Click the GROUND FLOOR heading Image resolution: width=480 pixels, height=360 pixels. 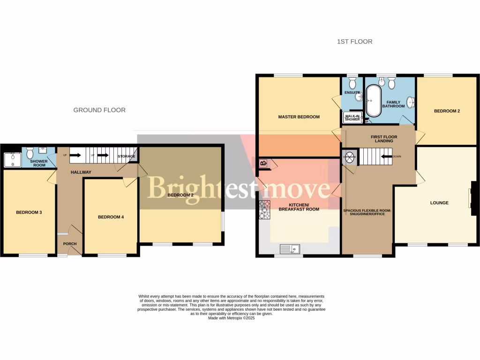click(x=99, y=110)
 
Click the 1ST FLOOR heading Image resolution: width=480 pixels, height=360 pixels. click(x=354, y=42)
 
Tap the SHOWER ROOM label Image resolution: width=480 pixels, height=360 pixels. click(x=39, y=163)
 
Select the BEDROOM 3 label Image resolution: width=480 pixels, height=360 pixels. click(x=29, y=212)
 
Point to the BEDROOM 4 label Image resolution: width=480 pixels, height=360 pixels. click(x=111, y=217)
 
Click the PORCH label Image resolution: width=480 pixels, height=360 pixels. click(x=70, y=244)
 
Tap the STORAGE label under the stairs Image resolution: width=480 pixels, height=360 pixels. click(x=127, y=156)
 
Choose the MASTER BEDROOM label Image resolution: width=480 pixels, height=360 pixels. click(x=299, y=117)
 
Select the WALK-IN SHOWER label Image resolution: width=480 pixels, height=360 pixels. click(x=352, y=117)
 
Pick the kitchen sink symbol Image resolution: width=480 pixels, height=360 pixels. click(x=290, y=248)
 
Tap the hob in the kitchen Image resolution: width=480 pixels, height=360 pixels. click(x=265, y=210)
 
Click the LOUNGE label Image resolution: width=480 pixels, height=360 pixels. click(x=439, y=203)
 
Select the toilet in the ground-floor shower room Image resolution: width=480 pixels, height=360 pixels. click(x=30, y=153)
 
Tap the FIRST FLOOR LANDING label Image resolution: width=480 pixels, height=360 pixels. click(x=384, y=139)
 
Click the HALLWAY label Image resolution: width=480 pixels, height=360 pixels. click(x=81, y=172)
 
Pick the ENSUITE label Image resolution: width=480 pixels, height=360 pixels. click(x=352, y=93)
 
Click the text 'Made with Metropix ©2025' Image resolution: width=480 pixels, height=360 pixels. click(x=231, y=318)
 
